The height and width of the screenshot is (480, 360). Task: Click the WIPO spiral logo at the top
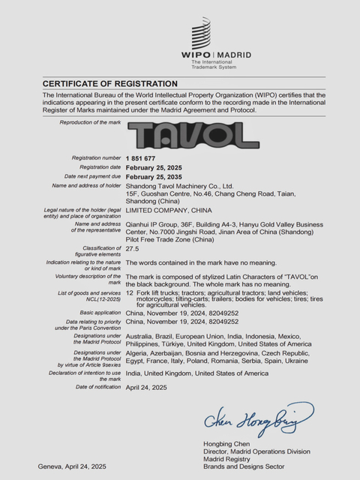(200, 34)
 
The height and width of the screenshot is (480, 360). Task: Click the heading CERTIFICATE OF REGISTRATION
(110, 83)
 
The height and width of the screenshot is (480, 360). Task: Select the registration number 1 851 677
(141, 158)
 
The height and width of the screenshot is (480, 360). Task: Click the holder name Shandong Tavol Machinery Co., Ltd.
(180, 185)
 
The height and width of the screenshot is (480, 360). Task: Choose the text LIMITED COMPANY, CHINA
(170, 211)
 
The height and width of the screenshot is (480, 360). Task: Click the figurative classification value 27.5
(133, 248)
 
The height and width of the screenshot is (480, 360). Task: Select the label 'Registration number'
(96, 158)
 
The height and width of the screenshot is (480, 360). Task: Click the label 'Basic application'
(98, 311)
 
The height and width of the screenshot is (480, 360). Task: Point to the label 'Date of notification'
(97, 387)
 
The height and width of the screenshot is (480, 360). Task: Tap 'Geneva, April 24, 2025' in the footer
(72, 466)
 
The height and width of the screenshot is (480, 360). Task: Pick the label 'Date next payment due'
(92, 176)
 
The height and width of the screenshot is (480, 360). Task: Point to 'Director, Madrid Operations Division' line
(256, 452)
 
